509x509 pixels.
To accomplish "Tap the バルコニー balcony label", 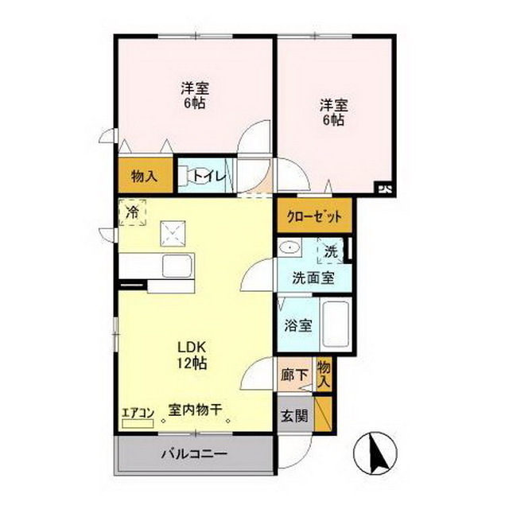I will point(195,454).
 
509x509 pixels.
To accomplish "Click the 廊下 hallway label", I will point(292,375).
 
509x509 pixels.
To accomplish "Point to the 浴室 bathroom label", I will point(297,326).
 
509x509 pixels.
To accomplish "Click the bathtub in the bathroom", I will point(336,324).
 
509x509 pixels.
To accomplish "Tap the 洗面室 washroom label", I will point(313,278).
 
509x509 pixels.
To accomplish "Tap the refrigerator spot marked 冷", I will point(133,212).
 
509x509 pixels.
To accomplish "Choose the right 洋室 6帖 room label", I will point(332,112).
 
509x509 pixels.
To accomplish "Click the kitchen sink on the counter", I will point(173,265).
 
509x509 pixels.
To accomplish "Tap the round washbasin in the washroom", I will point(291,249).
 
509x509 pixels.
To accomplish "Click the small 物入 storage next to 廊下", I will point(324,374).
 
